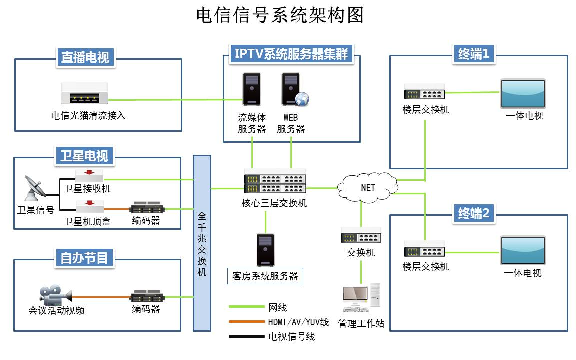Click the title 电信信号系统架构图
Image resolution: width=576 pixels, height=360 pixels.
click(280, 15)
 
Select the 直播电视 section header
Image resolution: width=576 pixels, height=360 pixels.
click(85, 57)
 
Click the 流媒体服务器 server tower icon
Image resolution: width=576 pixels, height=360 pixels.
click(251, 90)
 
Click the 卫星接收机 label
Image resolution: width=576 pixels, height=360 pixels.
click(87, 189)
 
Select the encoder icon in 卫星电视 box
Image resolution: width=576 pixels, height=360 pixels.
click(147, 208)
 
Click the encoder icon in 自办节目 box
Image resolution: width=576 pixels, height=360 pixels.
click(147, 296)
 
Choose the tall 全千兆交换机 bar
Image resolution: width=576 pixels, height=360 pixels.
click(202, 243)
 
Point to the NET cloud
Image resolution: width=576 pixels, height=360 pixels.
click(367, 187)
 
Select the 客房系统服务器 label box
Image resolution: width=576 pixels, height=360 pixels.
click(265, 276)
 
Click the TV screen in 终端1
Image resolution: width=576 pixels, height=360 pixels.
click(523, 94)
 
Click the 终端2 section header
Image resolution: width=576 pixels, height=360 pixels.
click(473, 213)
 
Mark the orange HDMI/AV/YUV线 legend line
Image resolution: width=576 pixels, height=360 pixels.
click(246, 322)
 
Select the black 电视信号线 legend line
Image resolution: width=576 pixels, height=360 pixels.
click(246, 337)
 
